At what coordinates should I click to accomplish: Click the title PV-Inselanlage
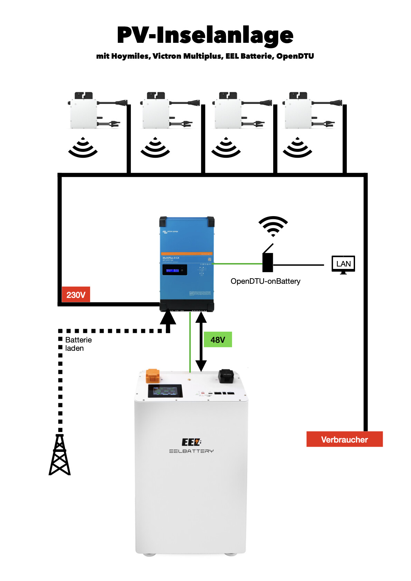[205, 35]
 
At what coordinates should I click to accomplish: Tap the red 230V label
[76, 295]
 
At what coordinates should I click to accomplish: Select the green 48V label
[218, 340]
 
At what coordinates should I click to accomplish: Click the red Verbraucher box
[344, 439]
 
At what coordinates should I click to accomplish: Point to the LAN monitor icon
[343, 264]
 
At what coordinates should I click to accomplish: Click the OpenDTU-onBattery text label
[265, 281]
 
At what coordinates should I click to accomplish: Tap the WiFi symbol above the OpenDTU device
[273, 226]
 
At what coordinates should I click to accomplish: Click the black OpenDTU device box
[268, 263]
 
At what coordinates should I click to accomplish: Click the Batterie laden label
[78, 344]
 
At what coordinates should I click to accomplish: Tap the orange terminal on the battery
[153, 376]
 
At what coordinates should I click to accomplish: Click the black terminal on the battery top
[226, 376]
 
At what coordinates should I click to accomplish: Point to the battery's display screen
[165, 391]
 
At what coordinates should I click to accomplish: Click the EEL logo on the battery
[191, 442]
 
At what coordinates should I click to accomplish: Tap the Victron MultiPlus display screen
[175, 270]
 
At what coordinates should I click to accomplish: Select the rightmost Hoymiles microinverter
[298, 110]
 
